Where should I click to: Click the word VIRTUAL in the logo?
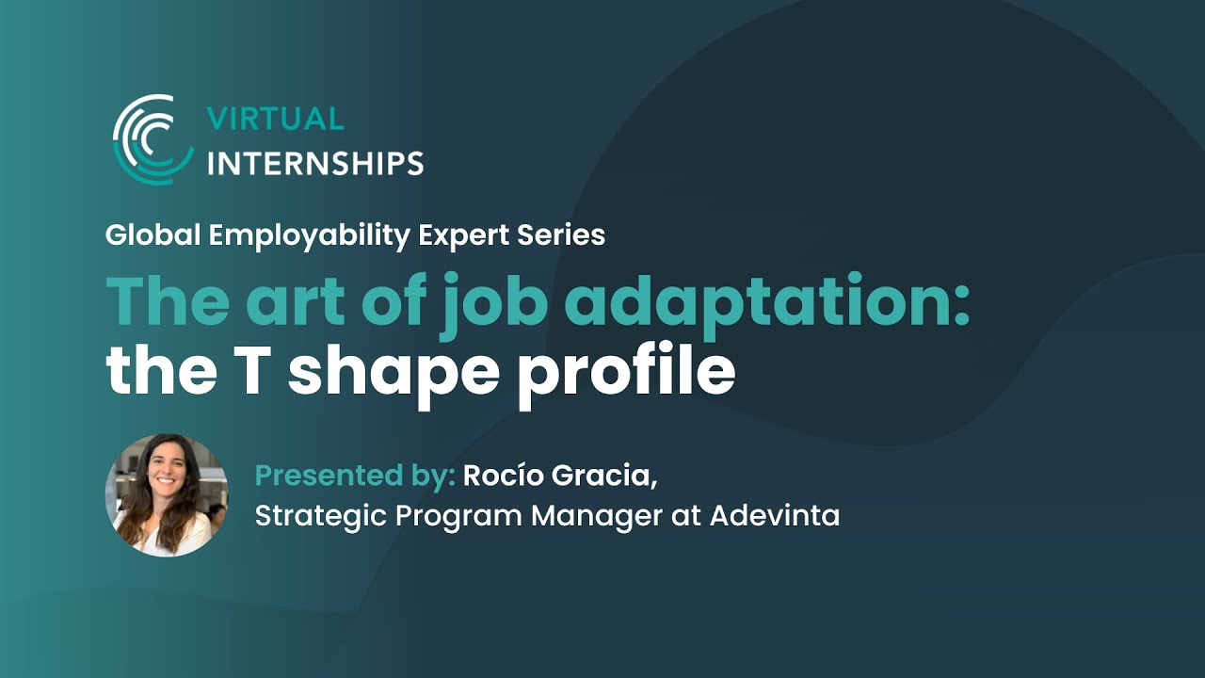coord(275,119)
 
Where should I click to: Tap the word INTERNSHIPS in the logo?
coord(314,163)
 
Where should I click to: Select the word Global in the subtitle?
coord(153,235)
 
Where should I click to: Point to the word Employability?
coord(309,235)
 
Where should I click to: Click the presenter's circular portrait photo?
coord(167,495)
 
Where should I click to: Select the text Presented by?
coord(355,476)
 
